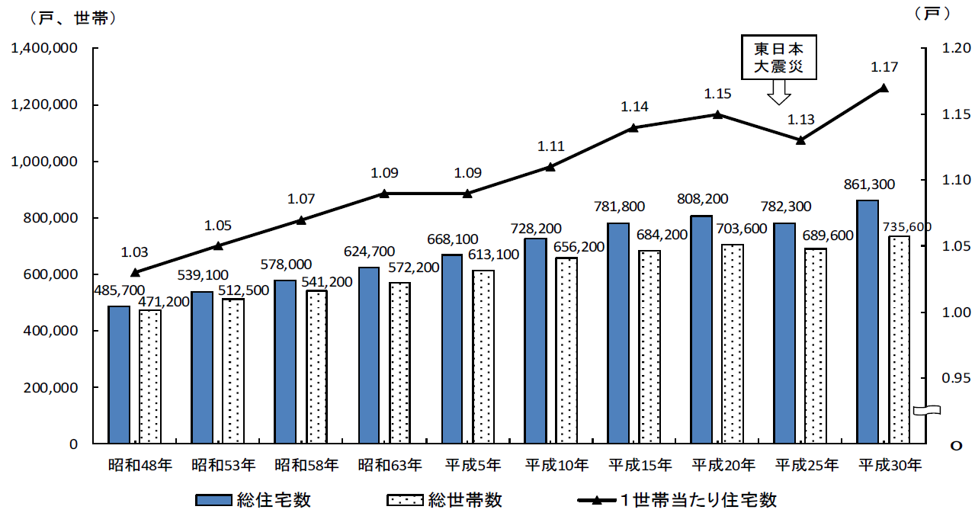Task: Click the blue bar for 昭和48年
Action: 119,375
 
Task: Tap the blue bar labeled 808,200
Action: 701,329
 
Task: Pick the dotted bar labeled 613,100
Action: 483,357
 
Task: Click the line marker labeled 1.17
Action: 884,88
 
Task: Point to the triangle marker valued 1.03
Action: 135,272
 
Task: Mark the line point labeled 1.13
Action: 800,140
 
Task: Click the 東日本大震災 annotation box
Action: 778,57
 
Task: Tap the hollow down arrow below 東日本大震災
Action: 778,92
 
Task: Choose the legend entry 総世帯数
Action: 444,500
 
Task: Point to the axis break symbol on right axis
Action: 925,411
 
